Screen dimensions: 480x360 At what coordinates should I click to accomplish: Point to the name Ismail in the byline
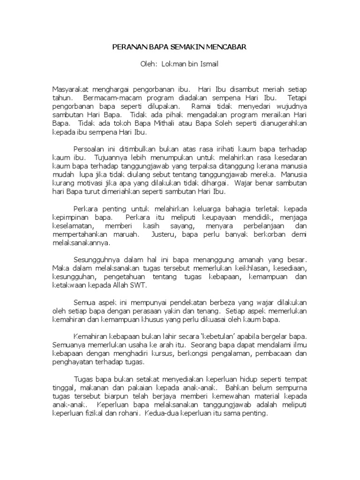coord(208,64)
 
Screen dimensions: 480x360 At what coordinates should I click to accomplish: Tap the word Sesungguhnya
coord(97,259)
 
